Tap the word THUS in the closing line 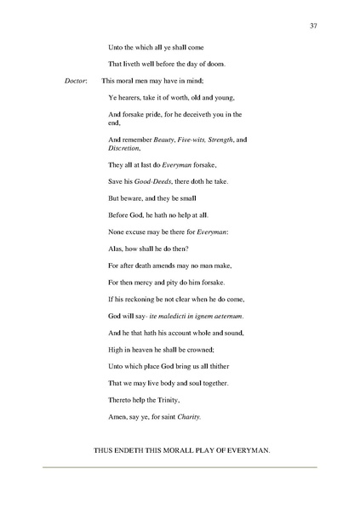coord(104,449)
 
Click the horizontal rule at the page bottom coord(180,466)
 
